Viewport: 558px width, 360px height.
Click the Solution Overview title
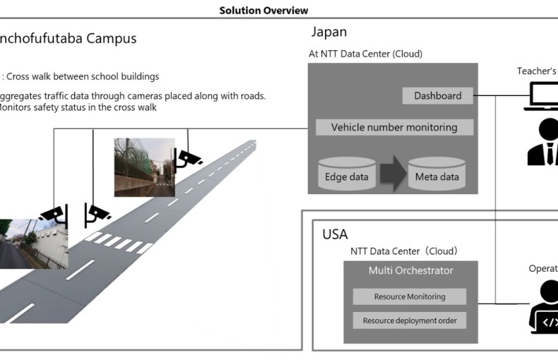[x=263, y=11]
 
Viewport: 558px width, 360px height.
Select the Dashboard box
[x=438, y=96]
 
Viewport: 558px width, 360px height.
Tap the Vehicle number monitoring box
[x=394, y=128]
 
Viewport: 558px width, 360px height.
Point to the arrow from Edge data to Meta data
[x=391, y=174]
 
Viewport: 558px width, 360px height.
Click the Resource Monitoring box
[x=410, y=297]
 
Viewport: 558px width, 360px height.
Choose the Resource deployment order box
[x=410, y=320]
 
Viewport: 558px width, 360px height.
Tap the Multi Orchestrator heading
[x=411, y=271]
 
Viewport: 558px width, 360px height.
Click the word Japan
[x=329, y=32]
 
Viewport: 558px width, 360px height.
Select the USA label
[x=336, y=234]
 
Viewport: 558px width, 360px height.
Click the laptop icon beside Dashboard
[x=542, y=96]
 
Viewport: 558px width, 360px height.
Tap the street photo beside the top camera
[x=144, y=167]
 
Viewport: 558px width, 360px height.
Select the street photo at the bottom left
[x=32, y=244]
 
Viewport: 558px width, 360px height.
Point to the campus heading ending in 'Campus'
[x=67, y=38]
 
